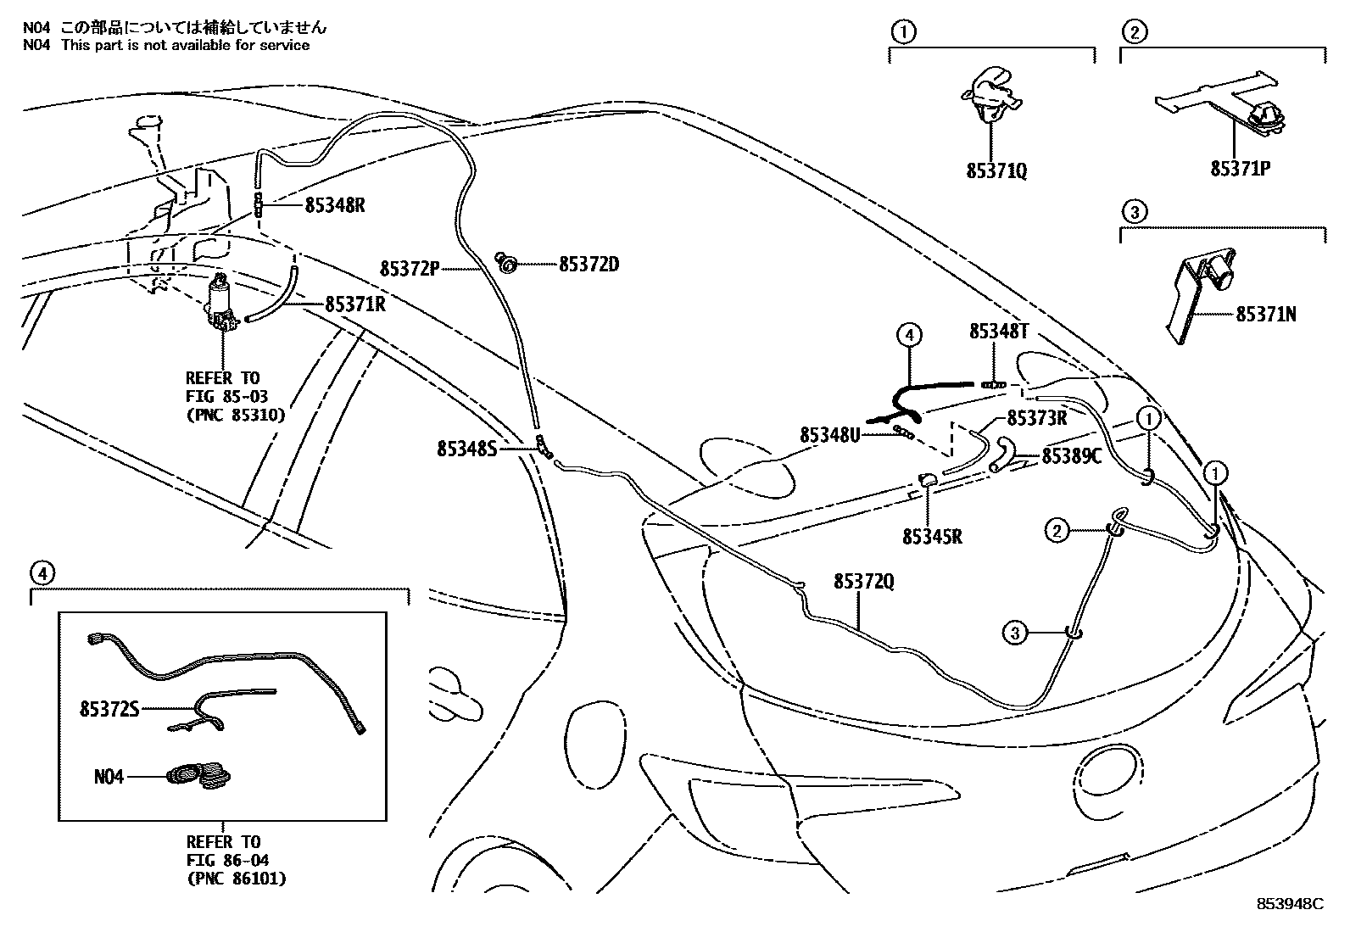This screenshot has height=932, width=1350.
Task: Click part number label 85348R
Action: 335,206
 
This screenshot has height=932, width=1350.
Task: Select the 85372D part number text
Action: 589,265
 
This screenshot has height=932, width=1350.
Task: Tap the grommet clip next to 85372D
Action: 507,265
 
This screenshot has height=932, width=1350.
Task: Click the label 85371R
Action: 354,304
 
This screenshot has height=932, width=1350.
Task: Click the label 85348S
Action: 466,449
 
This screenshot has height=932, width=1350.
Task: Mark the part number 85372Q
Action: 863,582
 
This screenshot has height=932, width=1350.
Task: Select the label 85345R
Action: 932,537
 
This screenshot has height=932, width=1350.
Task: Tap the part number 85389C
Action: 1071,456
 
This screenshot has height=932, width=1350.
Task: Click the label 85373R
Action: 1037,418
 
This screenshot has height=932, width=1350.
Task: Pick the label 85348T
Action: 999,332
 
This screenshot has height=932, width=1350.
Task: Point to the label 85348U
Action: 829,434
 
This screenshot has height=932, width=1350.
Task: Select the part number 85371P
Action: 1240,169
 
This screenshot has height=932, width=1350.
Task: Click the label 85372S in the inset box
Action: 109,708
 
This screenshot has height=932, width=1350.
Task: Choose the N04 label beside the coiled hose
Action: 109,775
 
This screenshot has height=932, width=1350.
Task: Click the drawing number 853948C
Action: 1290,904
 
